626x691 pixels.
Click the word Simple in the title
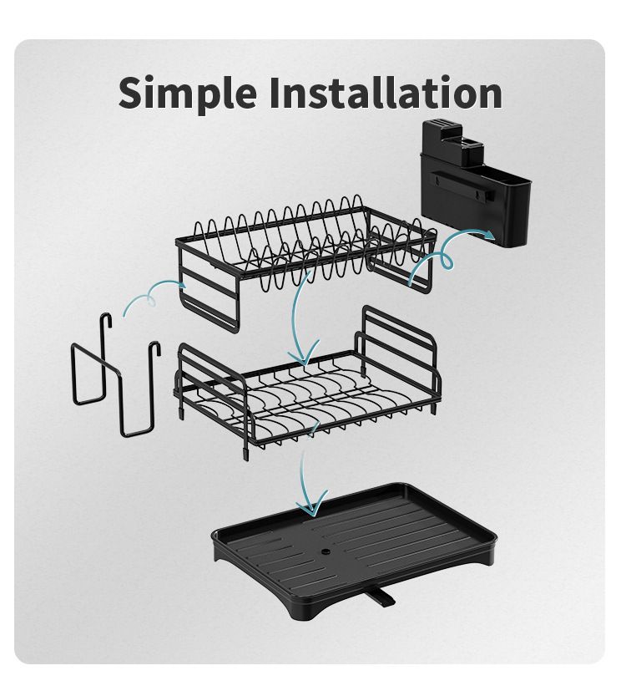point(188,94)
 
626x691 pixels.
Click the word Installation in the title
point(386,92)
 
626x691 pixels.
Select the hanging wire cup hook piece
point(115,374)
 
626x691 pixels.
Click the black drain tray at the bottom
point(354,551)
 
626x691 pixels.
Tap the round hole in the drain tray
point(326,551)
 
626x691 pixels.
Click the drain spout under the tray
point(381,597)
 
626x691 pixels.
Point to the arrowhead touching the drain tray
point(311,505)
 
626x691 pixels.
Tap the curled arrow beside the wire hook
point(154,293)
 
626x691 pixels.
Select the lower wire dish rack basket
point(308,388)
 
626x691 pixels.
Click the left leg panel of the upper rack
point(210,291)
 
